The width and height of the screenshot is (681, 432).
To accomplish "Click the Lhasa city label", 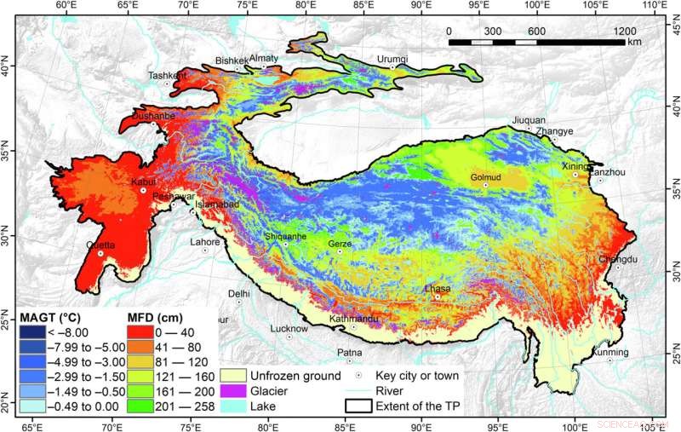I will [438, 288].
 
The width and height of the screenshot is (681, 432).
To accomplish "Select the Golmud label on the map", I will [484, 177].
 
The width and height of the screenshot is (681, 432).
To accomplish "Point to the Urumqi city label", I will [392, 59].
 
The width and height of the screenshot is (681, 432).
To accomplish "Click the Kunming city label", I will [611, 352].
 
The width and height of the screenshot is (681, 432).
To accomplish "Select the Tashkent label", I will [167, 75].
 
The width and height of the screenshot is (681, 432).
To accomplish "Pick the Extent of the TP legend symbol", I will [355, 405].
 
